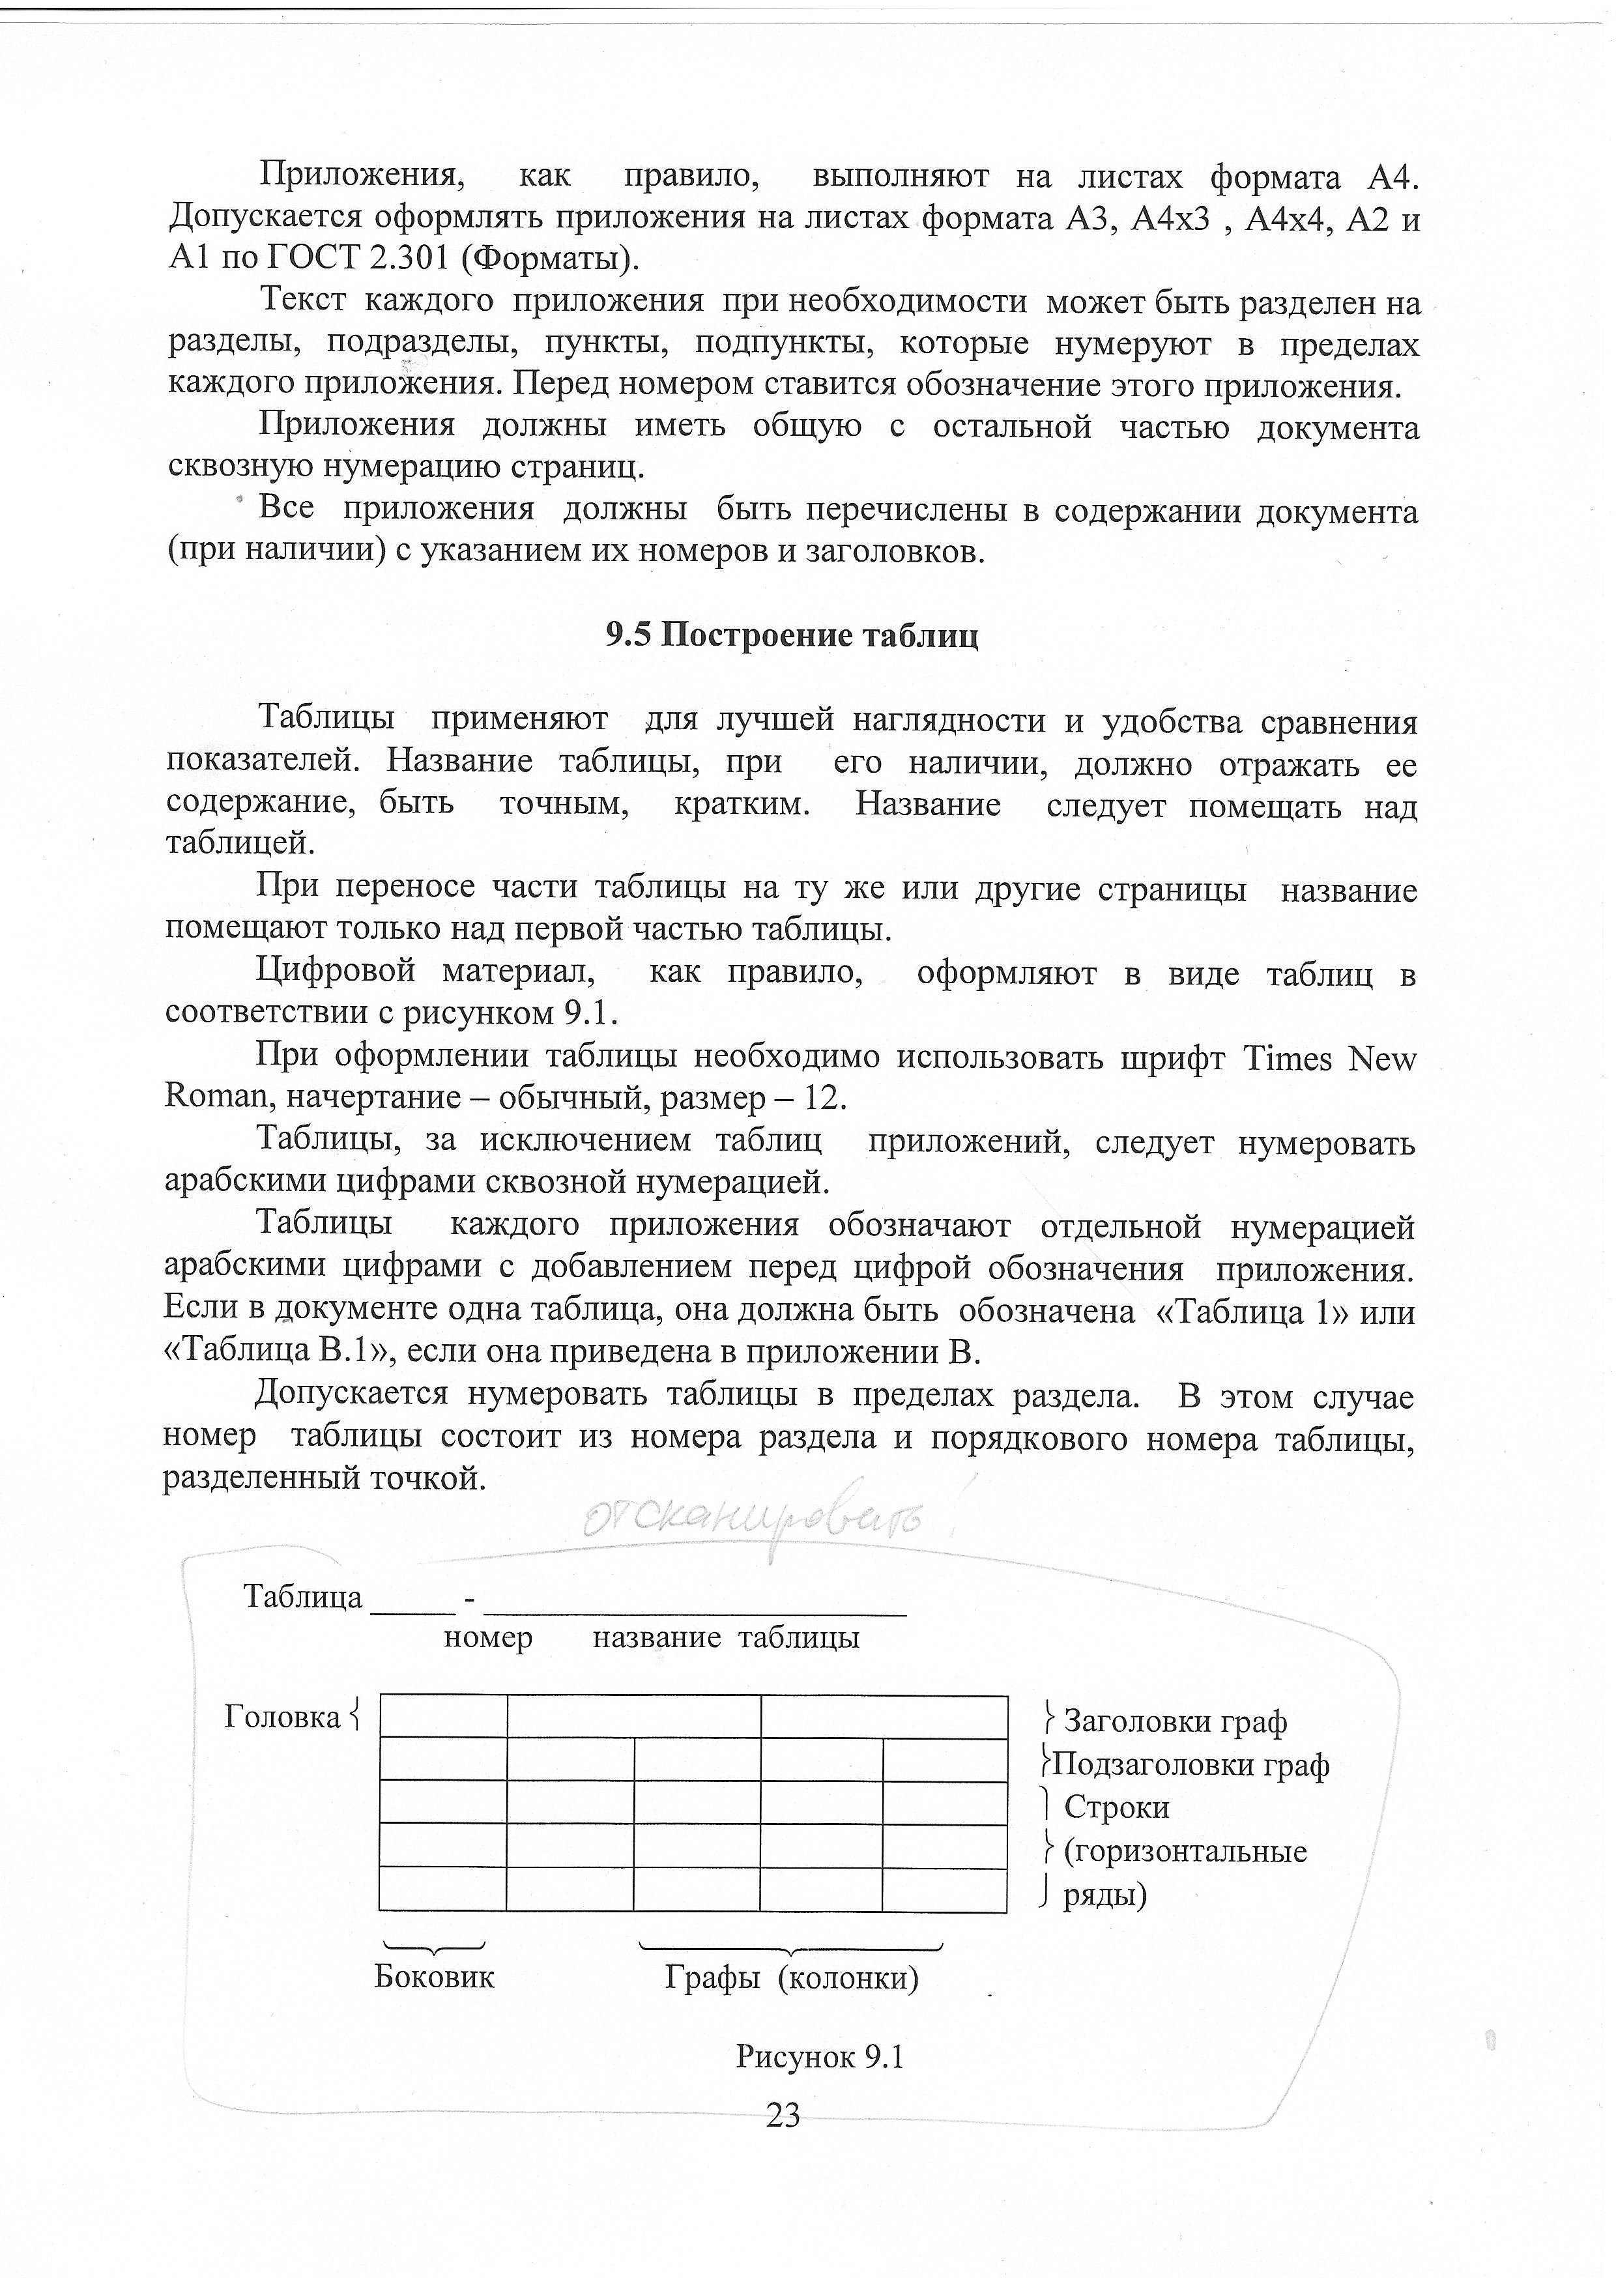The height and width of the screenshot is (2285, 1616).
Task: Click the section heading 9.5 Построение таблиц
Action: click(x=792, y=635)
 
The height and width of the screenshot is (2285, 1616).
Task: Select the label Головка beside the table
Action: click(x=283, y=1717)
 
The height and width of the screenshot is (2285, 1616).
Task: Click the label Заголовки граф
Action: click(x=1175, y=1721)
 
